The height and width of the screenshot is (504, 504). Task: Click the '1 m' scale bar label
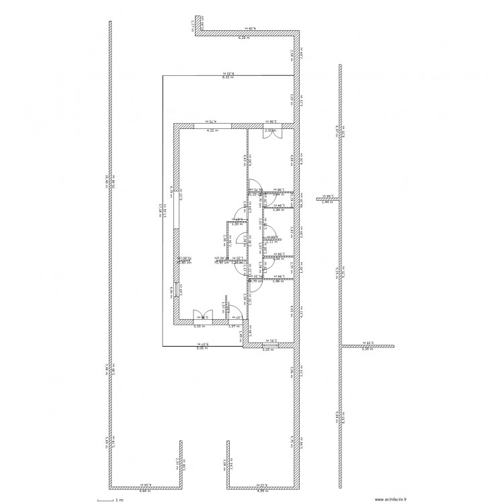[x=119, y=500]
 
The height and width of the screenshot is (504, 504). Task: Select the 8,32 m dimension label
[x=228, y=78]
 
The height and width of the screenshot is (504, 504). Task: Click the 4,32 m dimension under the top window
[x=212, y=130]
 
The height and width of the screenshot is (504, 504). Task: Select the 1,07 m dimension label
[x=233, y=327]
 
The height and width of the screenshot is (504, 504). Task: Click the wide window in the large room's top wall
[x=213, y=125]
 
